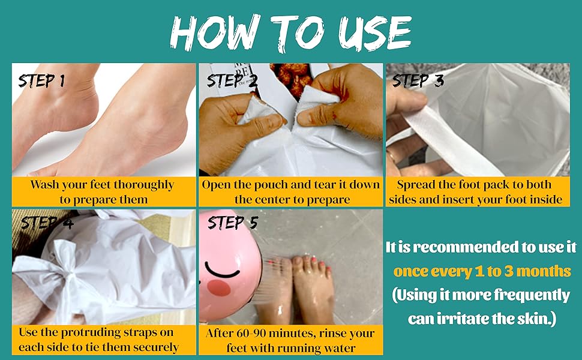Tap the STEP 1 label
(41, 81)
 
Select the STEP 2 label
(232, 81)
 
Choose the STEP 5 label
(232, 223)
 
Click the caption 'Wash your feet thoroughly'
(102, 184)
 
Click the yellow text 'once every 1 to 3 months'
(482, 271)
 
